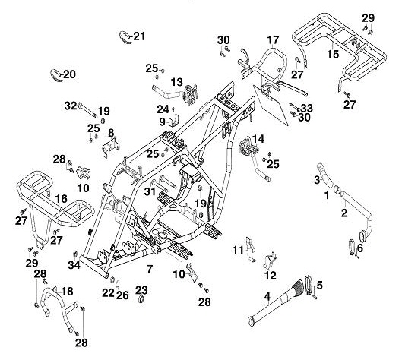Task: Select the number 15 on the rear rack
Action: [332, 55]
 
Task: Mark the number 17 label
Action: [273, 39]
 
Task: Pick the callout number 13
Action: [176, 82]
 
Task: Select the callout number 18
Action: [67, 292]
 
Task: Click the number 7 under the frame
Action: [150, 269]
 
